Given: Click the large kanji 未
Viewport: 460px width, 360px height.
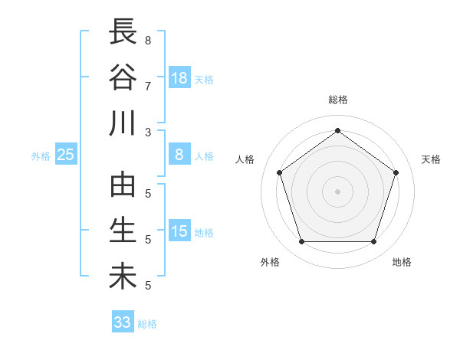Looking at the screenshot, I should [123, 277].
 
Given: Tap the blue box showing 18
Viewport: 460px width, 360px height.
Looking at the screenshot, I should [179, 77].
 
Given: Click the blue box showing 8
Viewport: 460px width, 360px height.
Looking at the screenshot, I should [179, 155].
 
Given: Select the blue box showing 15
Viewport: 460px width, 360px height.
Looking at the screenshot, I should [179, 231].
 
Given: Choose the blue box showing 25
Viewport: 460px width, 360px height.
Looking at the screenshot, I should [65, 155].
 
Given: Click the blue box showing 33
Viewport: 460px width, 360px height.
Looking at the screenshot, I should [123, 322].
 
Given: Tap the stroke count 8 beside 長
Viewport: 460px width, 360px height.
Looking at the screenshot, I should [148, 40].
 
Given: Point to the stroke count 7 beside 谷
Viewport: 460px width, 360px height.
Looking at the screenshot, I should [148, 85].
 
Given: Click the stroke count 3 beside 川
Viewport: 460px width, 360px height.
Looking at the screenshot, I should [148, 131].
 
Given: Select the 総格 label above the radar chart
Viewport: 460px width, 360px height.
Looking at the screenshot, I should [337, 100].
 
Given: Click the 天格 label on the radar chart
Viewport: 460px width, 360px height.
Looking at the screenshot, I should [431, 159].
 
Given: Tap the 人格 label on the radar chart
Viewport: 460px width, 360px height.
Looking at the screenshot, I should [245, 159].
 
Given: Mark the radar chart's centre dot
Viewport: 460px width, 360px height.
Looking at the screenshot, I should [337, 191].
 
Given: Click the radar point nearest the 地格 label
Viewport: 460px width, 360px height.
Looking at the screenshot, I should [373, 241].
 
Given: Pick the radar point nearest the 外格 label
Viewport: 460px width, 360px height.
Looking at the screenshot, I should [301, 241].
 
